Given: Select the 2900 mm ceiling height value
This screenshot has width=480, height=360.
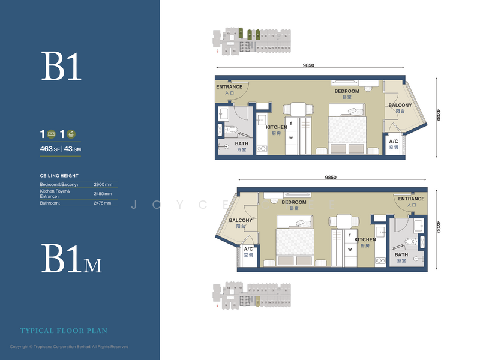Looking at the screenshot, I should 103,184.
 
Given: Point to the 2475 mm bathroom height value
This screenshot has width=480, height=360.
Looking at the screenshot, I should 103,203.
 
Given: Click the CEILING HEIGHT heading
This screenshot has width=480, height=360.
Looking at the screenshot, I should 59,175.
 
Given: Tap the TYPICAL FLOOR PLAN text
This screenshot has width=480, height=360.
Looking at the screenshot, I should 64,331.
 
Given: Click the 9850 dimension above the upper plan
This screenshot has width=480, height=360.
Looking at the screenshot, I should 308,65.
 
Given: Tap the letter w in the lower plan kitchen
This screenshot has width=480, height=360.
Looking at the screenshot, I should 349,247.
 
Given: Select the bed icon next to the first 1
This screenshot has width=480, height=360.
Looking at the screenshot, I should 51,133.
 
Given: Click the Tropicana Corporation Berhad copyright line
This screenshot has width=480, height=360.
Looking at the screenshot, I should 70,347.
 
